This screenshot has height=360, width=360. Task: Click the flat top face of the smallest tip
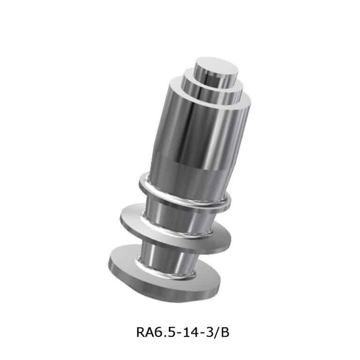216,66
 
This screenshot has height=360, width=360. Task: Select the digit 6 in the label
158,332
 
